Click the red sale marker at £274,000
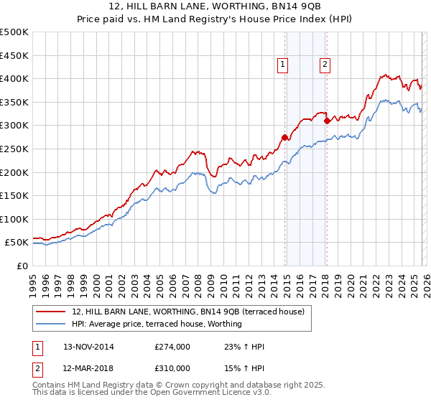pyautogui.click(x=285, y=137)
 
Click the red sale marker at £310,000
pyautogui.click(x=327, y=121)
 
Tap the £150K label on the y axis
pyautogui.click(x=15, y=195)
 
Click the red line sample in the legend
pyautogui.click(x=52, y=312)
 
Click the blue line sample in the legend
pyautogui.click(x=52, y=324)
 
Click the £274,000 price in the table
pyautogui.click(x=172, y=347)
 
